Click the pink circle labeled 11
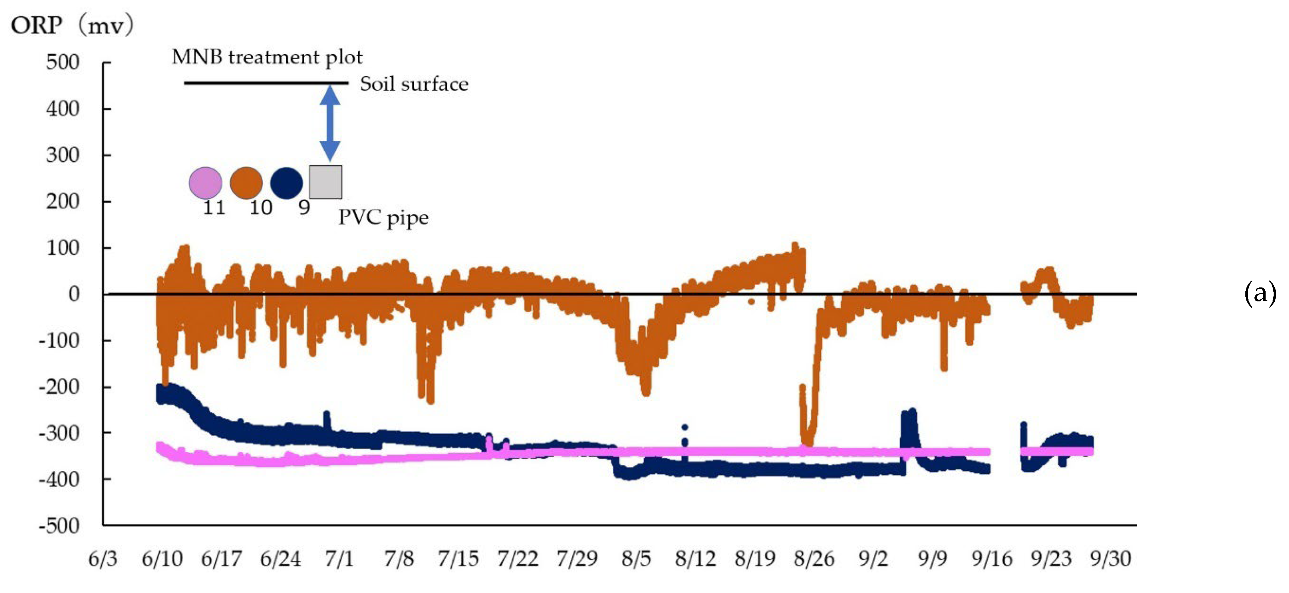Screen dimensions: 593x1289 (x=205, y=183)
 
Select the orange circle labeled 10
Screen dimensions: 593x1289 (x=246, y=183)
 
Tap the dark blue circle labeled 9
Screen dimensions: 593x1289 (x=286, y=183)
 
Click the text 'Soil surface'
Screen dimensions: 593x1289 (x=414, y=84)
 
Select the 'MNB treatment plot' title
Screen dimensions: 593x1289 (x=267, y=57)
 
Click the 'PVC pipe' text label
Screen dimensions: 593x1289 (x=383, y=218)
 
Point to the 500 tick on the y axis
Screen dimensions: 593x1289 (x=62, y=62)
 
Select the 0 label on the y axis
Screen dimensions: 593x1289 (x=74, y=294)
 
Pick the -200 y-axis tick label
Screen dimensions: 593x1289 (x=59, y=386)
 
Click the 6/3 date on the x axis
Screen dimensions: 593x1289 (x=103, y=558)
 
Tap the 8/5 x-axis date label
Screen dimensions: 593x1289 (x=636, y=558)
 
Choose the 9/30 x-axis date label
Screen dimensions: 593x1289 (x=1110, y=558)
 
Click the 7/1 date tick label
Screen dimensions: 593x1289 (x=339, y=558)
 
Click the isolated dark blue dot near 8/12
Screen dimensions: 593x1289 (x=685, y=428)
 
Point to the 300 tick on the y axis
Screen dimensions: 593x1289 (x=62, y=155)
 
